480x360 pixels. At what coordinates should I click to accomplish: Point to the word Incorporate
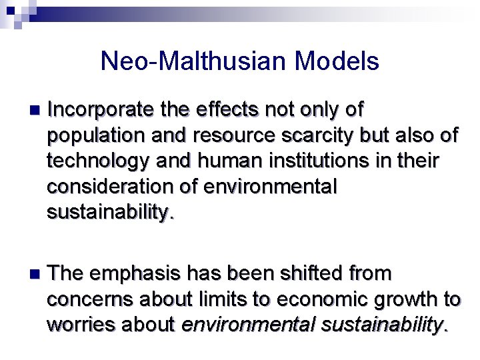pyautogui.click(x=101, y=109)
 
